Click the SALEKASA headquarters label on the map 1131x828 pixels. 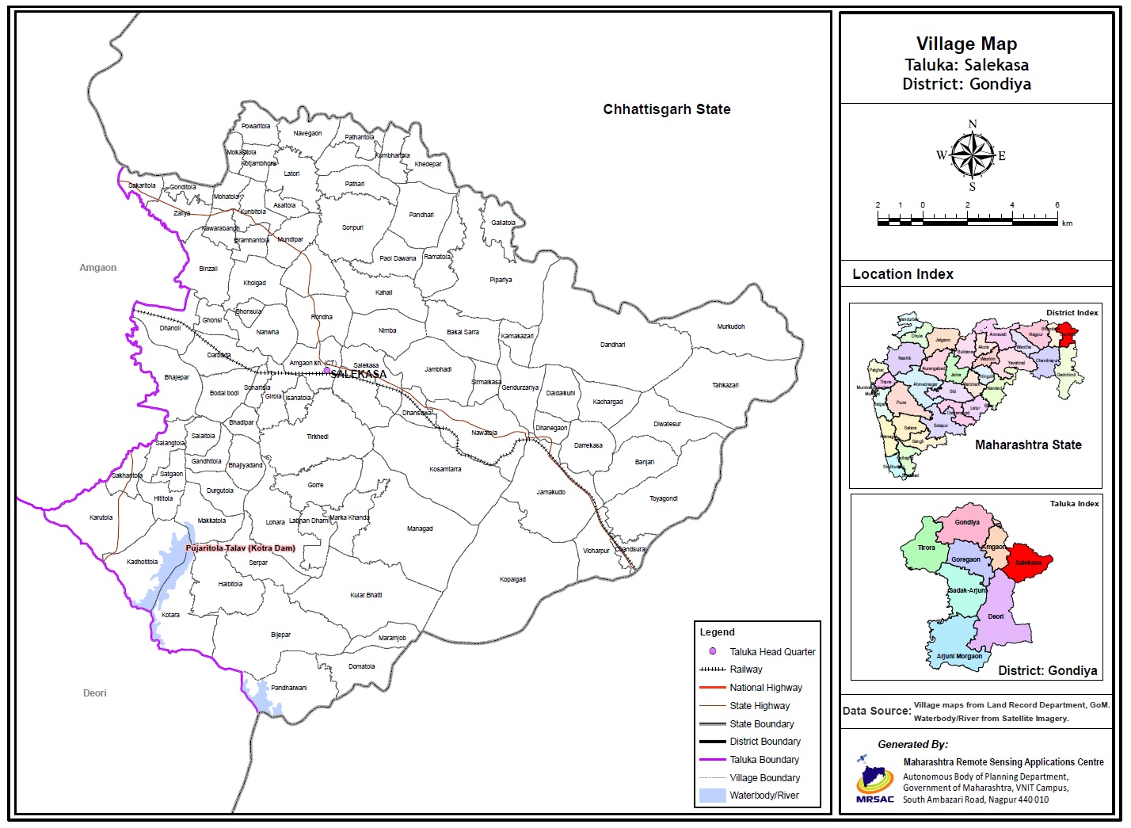pos(359,374)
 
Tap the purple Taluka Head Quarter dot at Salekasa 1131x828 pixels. pos(326,370)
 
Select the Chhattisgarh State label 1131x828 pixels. pos(666,109)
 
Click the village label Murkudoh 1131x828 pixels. pos(730,326)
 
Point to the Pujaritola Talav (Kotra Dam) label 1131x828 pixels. pos(240,548)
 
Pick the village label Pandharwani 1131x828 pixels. pos(288,688)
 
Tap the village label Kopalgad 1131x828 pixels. pos(512,579)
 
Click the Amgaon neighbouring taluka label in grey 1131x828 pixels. pos(97,268)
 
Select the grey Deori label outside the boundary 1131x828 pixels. pos(94,693)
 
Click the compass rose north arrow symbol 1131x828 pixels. pos(973,155)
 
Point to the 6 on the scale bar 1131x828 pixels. pos(1057,205)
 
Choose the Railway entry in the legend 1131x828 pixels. pos(745,670)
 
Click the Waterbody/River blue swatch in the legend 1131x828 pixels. pos(712,796)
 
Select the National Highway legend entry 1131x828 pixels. pos(765,688)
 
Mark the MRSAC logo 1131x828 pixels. pos(874,780)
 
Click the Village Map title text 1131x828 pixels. pos(966,44)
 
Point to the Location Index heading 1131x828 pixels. pos(902,274)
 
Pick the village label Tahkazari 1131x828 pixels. pos(725,385)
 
